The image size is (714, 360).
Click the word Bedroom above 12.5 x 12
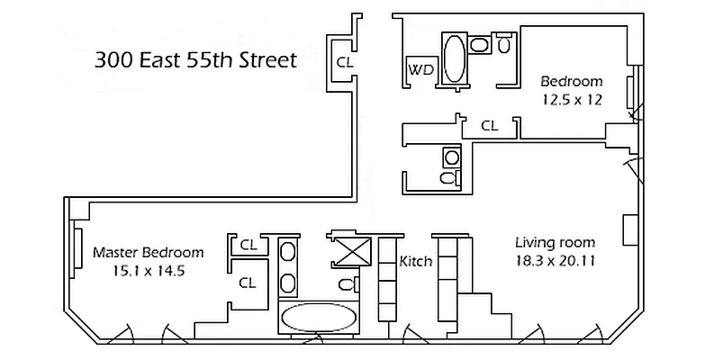[x=572, y=82]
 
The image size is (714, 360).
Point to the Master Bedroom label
[x=148, y=253]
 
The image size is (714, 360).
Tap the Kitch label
[x=416, y=263]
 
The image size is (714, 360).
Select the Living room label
[x=555, y=243]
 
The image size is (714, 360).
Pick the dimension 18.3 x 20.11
[x=555, y=262]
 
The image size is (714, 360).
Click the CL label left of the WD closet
[x=344, y=63]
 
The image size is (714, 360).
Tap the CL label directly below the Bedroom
[x=489, y=126]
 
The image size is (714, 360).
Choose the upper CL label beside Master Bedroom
[x=249, y=245]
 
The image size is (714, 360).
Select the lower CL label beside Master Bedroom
[x=249, y=282]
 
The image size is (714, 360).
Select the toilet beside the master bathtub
[x=345, y=285]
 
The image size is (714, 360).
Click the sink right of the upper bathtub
[x=480, y=44]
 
